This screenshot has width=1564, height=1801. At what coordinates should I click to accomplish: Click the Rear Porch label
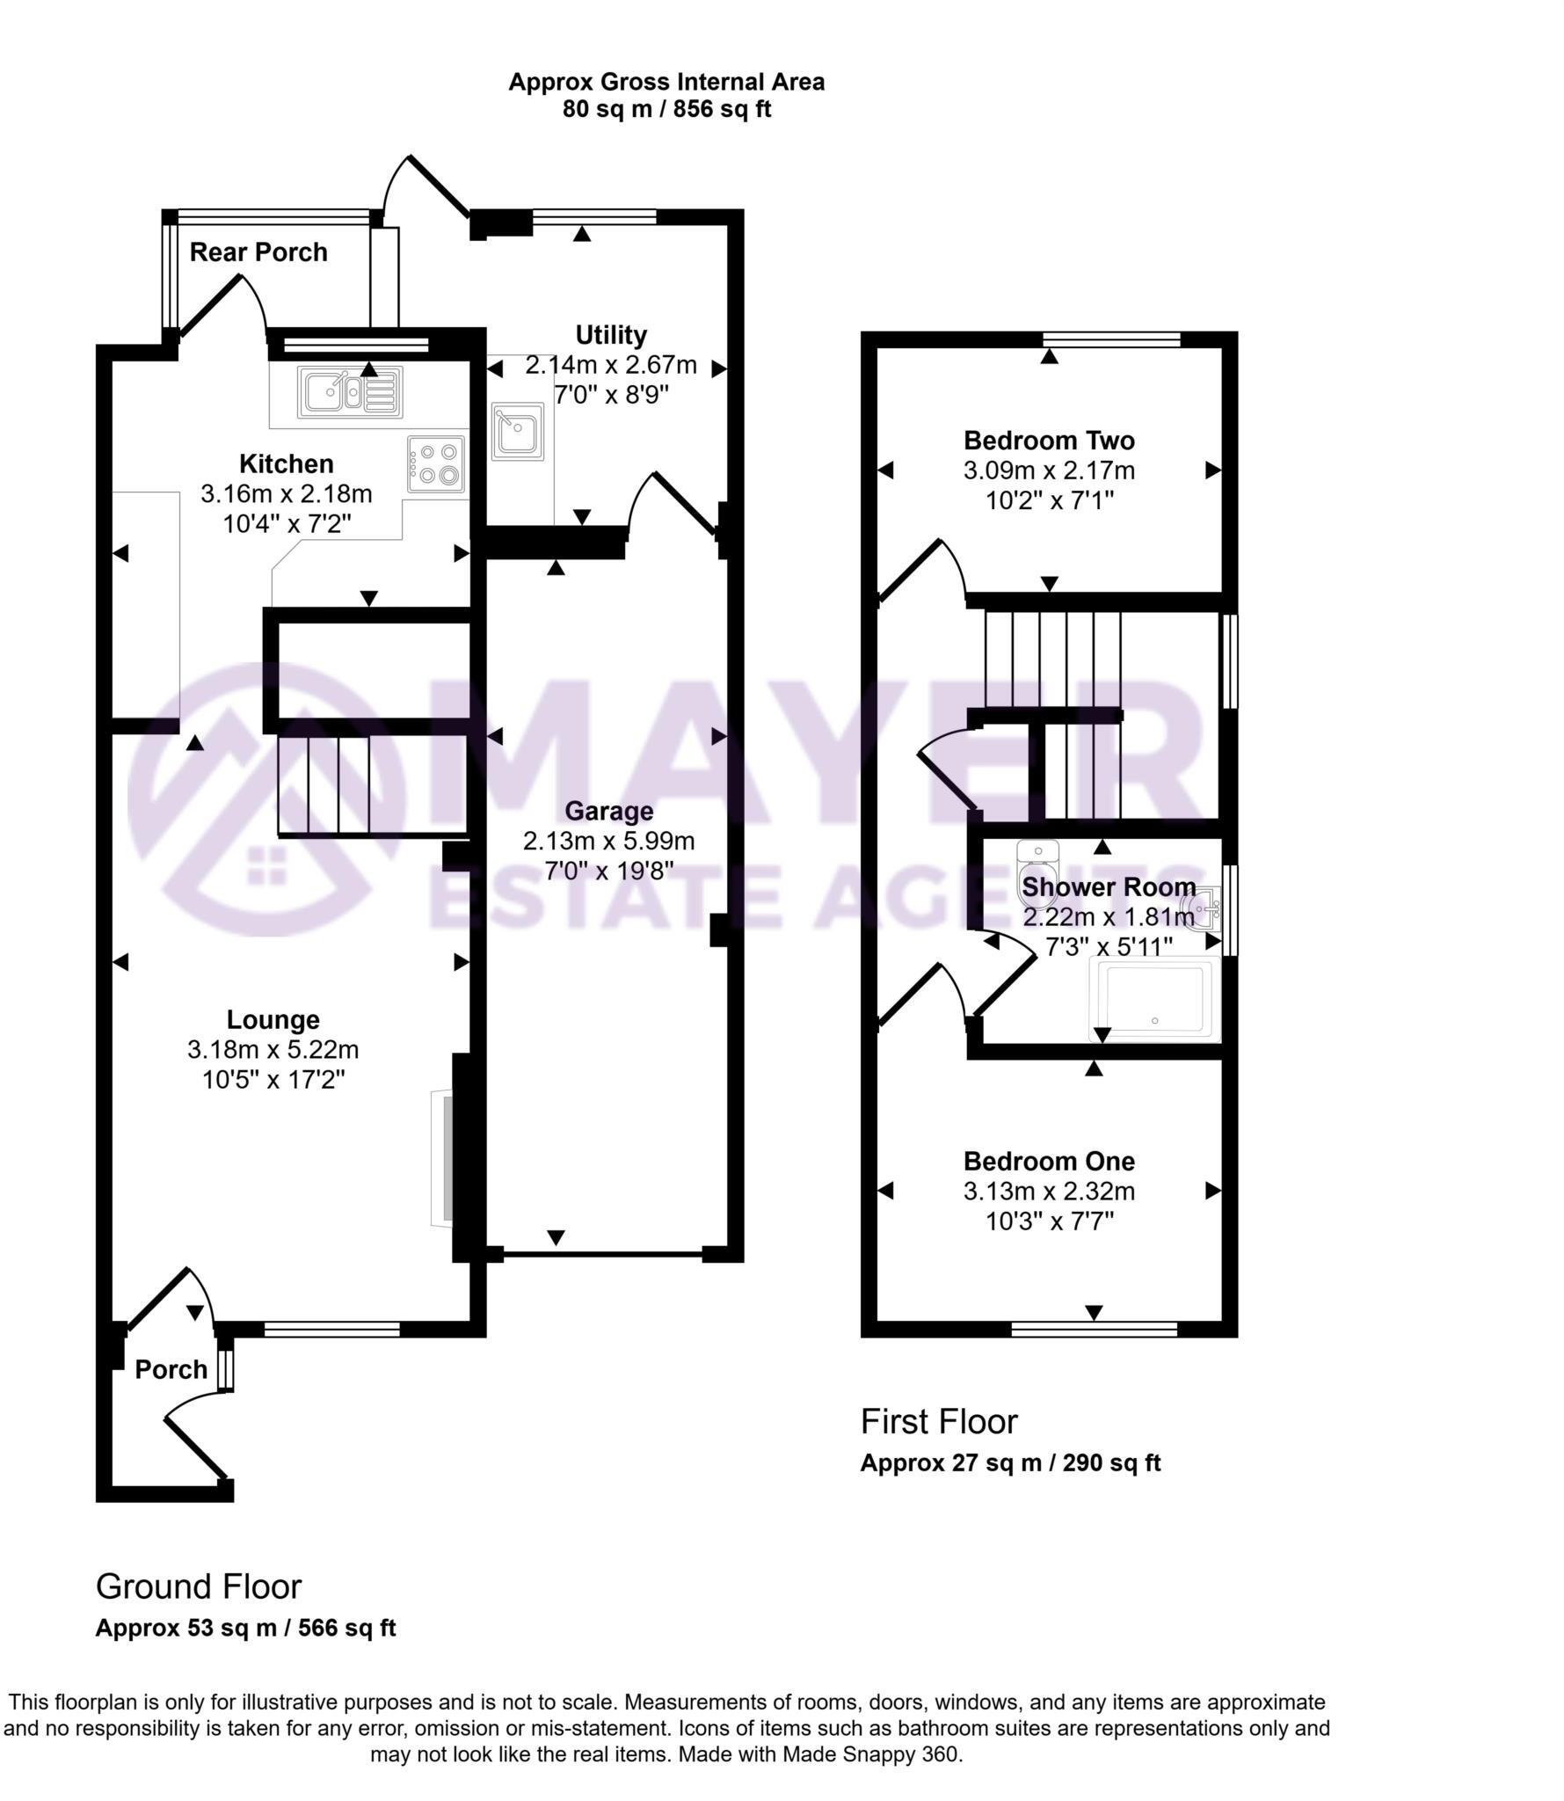(258, 252)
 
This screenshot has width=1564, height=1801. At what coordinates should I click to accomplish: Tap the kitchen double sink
(350, 391)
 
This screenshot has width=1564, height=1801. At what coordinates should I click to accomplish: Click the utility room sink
(517, 432)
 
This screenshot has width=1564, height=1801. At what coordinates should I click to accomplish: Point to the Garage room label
(608, 811)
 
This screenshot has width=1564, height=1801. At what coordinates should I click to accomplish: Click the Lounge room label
(273, 1020)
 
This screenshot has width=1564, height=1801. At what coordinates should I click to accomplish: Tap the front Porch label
(171, 1369)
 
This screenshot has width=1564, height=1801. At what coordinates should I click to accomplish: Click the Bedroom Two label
(1049, 441)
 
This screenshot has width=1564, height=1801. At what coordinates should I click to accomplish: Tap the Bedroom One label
(1049, 1162)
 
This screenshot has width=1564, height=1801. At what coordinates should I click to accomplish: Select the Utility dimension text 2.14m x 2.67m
(611, 365)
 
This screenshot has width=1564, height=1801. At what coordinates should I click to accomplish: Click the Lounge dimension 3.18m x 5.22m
(273, 1050)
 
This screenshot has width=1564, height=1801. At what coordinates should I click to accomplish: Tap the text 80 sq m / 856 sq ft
(666, 110)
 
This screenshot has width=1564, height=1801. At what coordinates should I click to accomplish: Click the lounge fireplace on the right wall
(444, 1158)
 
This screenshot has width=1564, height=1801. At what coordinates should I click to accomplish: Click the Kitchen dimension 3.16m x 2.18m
(287, 494)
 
